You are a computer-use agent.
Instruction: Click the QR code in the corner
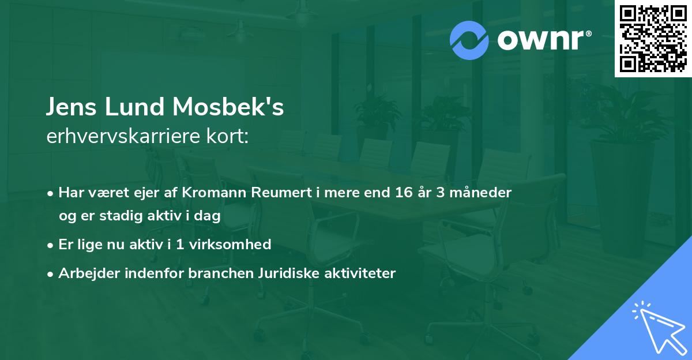pos(653,38)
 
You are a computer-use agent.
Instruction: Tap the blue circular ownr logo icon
pos(469,40)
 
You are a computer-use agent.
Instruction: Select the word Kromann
pos(213,192)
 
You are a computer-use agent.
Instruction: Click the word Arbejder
pos(84,273)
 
